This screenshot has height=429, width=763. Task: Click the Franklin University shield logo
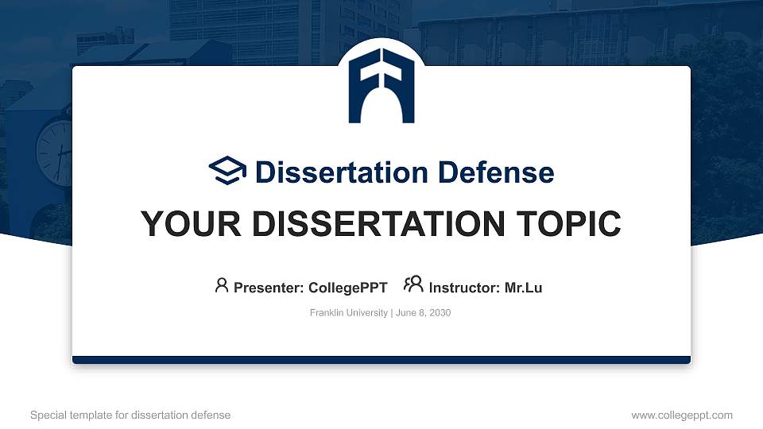pyautogui.click(x=381, y=85)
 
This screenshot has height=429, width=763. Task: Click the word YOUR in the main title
pyautogui.click(x=179, y=224)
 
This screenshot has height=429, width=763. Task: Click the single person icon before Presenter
pyautogui.click(x=222, y=285)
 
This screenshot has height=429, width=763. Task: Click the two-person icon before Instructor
pyautogui.click(x=413, y=285)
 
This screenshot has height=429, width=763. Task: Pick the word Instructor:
pyautogui.click(x=464, y=288)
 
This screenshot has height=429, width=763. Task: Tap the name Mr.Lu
pyautogui.click(x=523, y=288)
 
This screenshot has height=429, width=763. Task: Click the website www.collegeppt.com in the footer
pyautogui.click(x=681, y=415)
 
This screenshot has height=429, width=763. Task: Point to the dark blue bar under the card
pyautogui.click(x=381, y=360)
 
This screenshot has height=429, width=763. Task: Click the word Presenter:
pyautogui.click(x=266, y=288)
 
